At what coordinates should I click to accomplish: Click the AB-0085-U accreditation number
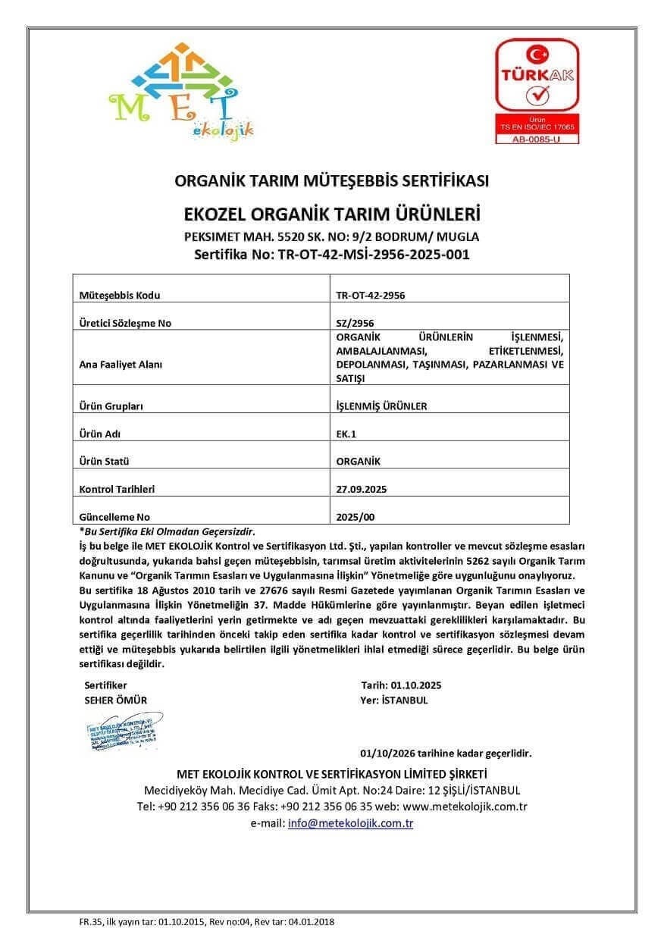click(x=537, y=139)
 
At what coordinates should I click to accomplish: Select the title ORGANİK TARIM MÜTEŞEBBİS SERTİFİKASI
click(x=331, y=181)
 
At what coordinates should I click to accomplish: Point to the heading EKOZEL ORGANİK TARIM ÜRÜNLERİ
click(x=331, y=211)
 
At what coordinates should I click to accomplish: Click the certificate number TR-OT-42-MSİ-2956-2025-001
click(x=332, y=254)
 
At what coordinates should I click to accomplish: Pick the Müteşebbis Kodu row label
click(x=120, y=295)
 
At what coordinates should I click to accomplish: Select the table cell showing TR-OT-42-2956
click(x=370, y=295)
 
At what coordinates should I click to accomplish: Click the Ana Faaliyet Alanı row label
click(x=121, y=364)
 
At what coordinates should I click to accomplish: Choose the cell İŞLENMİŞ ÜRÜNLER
click(x=381, y=406)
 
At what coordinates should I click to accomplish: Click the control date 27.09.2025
click(x=361, y=489)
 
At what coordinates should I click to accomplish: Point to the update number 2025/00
click(x=355, y=517)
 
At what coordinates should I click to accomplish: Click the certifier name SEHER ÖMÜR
click(x=115, y=700)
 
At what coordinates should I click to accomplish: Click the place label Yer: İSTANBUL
click(x=394, y=700)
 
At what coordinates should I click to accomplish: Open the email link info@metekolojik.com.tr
click(x=350, y=822)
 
